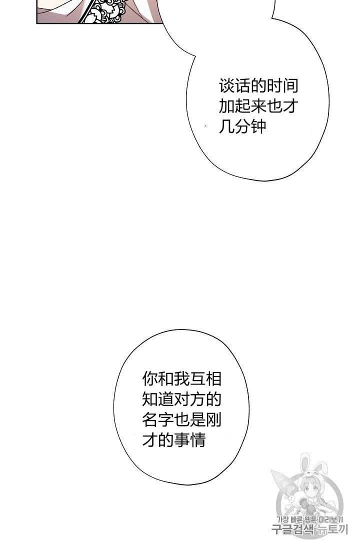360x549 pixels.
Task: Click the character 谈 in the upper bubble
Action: pos(226,86)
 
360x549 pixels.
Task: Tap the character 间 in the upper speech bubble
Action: pos(290,86)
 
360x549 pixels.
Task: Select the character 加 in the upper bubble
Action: pos(226,106)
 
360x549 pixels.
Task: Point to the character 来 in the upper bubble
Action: pos(258,106)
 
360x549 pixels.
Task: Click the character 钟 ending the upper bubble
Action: pos(258,126)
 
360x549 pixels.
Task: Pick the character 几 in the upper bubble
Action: pos(226,126)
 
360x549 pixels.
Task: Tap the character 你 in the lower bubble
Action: pos(150,379)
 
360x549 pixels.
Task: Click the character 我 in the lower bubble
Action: pos(182,379)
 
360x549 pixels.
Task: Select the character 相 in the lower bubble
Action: pos(213,379)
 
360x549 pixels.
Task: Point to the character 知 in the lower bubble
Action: pos(150,399)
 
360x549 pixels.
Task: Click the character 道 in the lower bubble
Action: pos(166,399)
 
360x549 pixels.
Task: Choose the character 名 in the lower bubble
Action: pos(150,420)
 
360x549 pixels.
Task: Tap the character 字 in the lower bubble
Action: pos(166,420)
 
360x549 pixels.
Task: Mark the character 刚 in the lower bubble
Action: pos(213,420)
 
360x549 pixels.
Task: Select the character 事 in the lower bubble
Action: pos(182,440)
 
